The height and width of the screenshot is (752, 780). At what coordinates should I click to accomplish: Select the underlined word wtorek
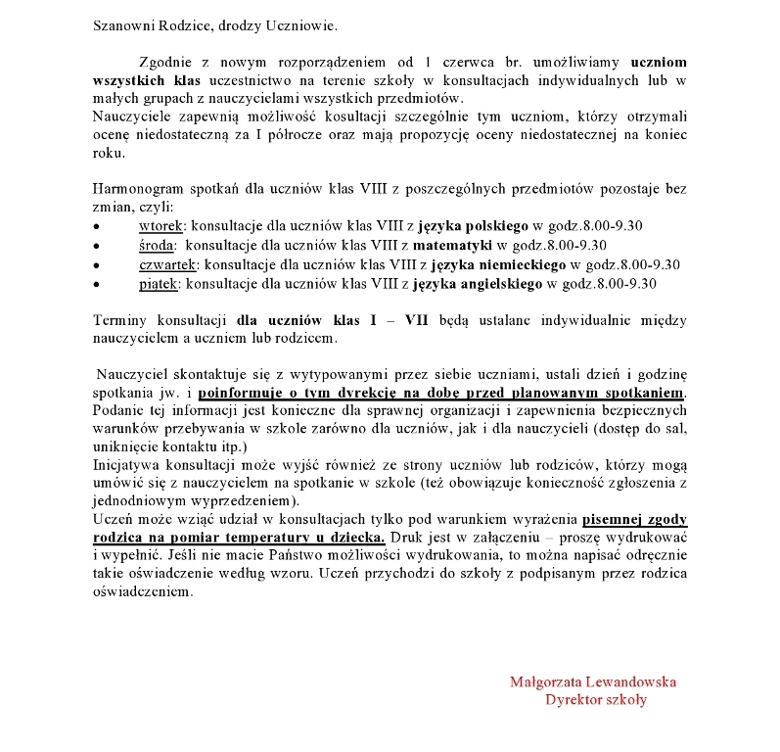(161, 226)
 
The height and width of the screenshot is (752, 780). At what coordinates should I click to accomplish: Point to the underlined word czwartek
(168, 265)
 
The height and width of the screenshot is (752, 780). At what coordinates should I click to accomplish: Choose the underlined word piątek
(160, 285)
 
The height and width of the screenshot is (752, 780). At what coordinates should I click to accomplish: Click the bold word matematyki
(453, 246)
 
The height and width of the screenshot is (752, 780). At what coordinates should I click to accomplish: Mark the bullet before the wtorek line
(96, 227)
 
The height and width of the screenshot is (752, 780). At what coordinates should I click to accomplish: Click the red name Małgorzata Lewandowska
(593, 681)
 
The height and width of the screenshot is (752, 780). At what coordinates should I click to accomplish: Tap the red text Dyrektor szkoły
(595, 700)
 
